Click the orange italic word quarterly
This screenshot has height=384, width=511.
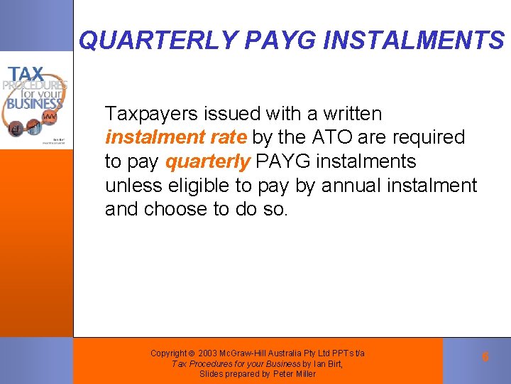click(207, 161)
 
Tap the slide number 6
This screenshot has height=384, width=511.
click(485, 357)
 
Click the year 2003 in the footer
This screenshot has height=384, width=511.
click(209, 353)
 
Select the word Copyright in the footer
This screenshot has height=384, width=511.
click(168, 353)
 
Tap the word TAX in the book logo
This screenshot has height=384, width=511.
click(26, 73)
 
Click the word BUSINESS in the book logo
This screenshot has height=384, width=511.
click(35, 102)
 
